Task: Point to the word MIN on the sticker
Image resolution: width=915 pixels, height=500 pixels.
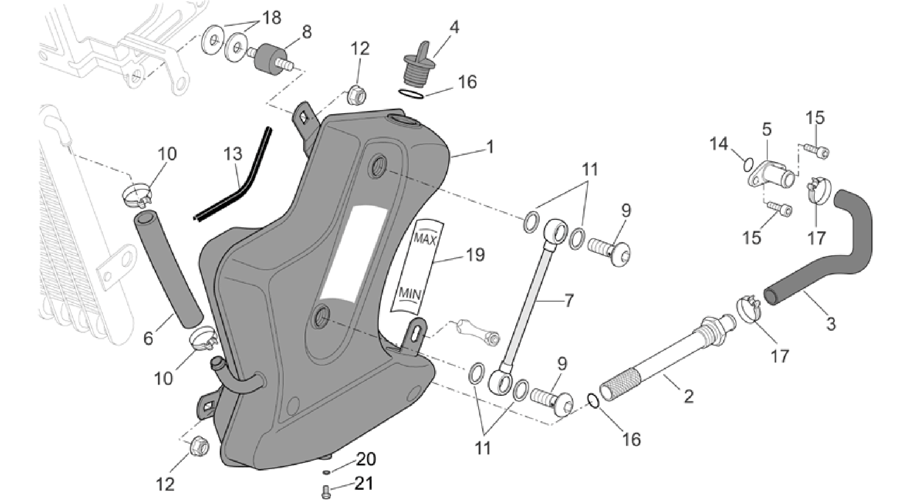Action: (410, 294)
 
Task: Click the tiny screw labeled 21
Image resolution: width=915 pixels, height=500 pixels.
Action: (325, 492)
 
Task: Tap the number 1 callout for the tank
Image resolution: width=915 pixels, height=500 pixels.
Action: (490, 146)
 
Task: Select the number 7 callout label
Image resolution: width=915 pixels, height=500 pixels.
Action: (568, 300)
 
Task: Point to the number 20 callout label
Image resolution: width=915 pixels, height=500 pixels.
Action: (366, 459)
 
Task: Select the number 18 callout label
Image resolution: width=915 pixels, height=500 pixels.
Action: (271, 18)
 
